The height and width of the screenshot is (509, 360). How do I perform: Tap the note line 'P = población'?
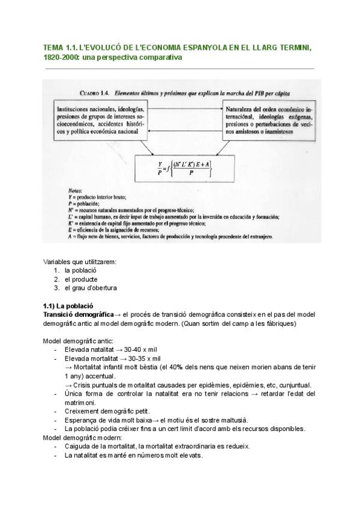point(87,203)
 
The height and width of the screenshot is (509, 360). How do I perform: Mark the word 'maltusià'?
point(230,420)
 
